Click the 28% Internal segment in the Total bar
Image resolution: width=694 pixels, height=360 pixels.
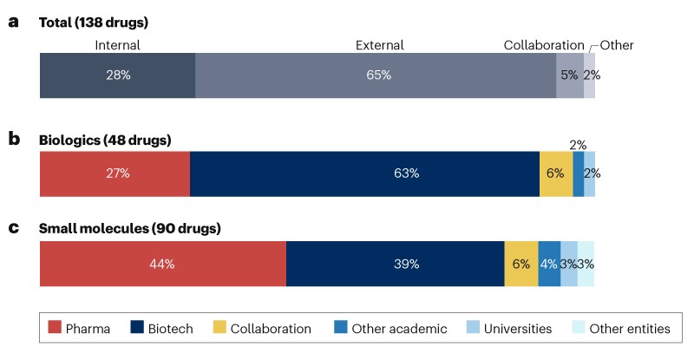(x=117, y=75)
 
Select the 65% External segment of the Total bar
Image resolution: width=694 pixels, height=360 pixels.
(x=375, y=75)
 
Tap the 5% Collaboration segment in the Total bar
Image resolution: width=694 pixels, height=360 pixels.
(x=569, y=75)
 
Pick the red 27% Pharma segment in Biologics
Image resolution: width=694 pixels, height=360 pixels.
(x=115, y=173)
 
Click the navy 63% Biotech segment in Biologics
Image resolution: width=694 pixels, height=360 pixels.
(x=364, y=173)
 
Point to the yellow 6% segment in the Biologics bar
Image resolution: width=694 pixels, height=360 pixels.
(x=556, y=173)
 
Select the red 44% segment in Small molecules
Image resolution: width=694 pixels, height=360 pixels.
(x=163, y=264)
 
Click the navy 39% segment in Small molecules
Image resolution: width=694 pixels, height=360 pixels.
(x=395, y=264)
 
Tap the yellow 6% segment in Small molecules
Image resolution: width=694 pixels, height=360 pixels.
(x=521, y=264)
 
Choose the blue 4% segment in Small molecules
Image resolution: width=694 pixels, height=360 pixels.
(x=549, y=264)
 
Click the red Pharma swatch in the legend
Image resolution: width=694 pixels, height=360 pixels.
(x=55, y=329)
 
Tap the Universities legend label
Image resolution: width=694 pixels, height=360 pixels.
(x=519, y=329)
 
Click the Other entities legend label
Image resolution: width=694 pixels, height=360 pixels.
(x=630, y=329)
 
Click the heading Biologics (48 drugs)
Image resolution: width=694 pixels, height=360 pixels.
(x=105, y=140)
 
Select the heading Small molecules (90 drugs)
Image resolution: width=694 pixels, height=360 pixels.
(x=130, y=230)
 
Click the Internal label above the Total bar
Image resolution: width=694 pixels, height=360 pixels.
(x=117, y=45)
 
